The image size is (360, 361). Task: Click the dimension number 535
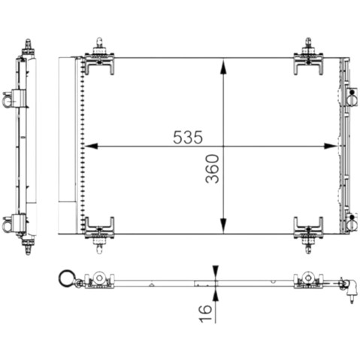pyautogui.click(x=188, y=138)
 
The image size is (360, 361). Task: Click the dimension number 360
pyautogui.click(x=212, y=168)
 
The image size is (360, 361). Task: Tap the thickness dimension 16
pyautogui.click(x=205, y=313)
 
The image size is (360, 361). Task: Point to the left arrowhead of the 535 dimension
pyautogui.click(x=91, y=146)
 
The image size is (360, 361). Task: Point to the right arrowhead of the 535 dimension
pyautogui.click(x=331, y=146)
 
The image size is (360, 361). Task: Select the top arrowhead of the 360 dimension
pyautogui.click(x=223, y=66)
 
